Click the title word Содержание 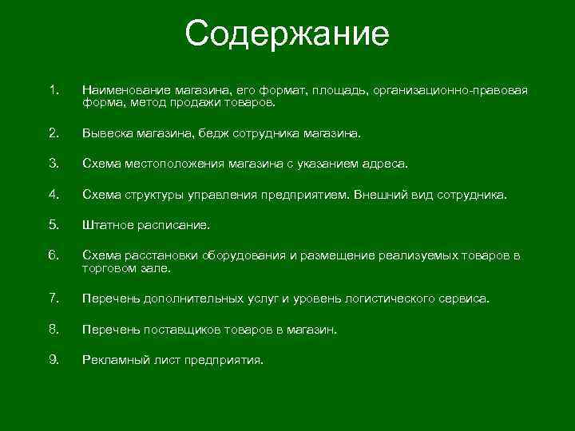point(287,34)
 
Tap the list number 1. point(53,90)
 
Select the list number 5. point(53,224)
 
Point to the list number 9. point(53,359)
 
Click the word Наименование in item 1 point(123,91)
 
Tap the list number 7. point(53,298)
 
